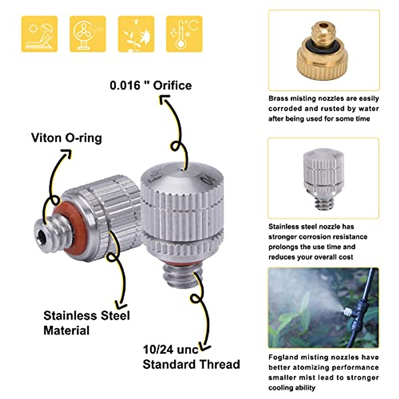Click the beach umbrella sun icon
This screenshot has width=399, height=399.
[39, 34]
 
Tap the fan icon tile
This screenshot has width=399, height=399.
[87, 34]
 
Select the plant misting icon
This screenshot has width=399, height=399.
[136, 34]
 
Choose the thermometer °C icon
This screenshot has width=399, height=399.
[184, 34]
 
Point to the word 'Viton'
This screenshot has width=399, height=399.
[46, 138]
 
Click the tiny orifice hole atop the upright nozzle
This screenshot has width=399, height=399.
[182, 169]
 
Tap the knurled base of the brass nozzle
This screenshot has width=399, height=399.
[322, 65]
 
